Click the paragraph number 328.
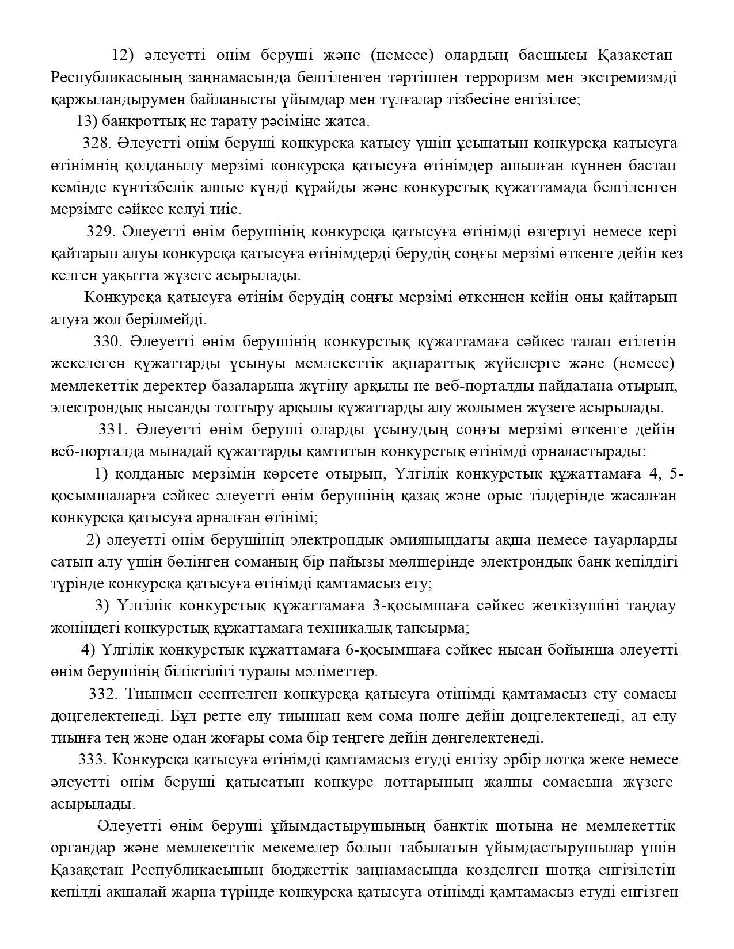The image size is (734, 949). pyautogui.click(x=96, y=143)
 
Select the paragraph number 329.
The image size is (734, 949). pyautogui.click(x=100, y=232)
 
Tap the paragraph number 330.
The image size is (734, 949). pyautogui.click(x=107, y=342)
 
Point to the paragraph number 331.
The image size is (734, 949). pyautogui.click(x=112, y=430)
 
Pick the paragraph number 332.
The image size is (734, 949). pyautogui.click(x=102, y=694)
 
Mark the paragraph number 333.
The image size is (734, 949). pyautogui.click(x=92, y=760)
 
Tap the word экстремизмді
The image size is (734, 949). pyautogui.click(x=629, y=78)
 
